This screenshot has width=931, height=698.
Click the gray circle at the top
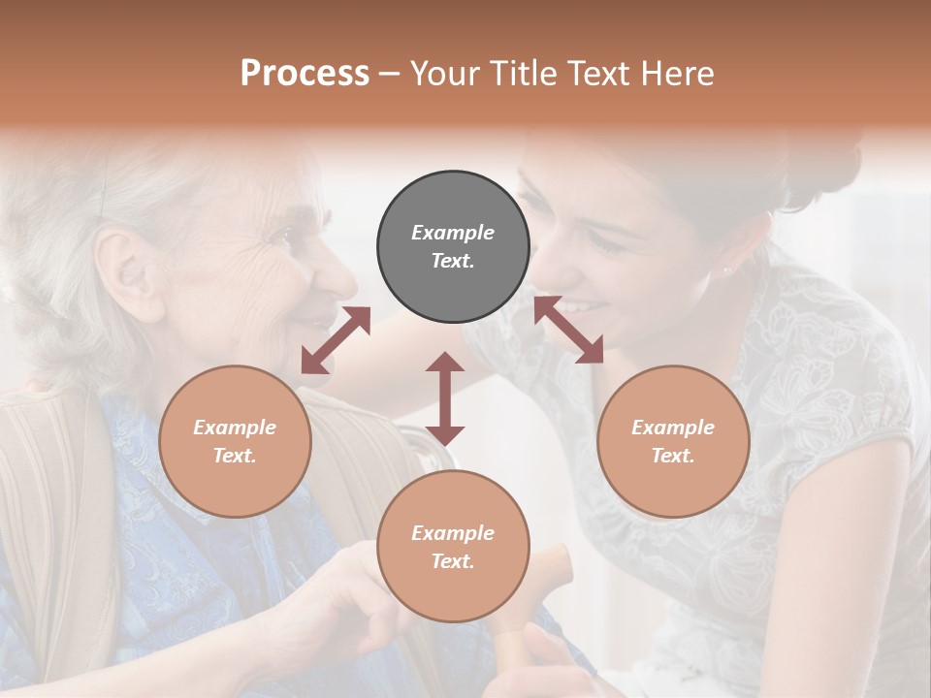click(453, 247)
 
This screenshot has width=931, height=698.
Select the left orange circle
click(235, 441)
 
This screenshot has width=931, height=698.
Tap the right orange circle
click(673, 441)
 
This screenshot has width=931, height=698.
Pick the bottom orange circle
click(453, 547)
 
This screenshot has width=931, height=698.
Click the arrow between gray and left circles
click(336, 339)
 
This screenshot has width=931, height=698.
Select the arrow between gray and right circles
click(569, 330)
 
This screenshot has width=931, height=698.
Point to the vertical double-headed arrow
click(445, 398)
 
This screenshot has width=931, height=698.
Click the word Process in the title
click(305, 73)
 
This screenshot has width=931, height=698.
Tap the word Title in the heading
click(524, 73)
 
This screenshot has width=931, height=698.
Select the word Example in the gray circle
click(453, 233)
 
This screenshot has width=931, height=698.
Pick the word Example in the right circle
click(673, 428)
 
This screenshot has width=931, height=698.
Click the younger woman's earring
click(725, 270)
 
